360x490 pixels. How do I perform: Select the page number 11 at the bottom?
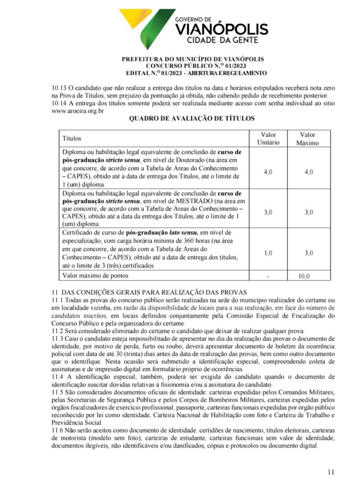tap(331, 472)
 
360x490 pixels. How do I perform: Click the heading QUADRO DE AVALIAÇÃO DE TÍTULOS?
tap(191, 118)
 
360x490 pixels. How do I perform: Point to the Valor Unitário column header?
tap(268, 139)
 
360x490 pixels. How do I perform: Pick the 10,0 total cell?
tap(304, 276)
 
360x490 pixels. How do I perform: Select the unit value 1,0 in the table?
tap(268, 253)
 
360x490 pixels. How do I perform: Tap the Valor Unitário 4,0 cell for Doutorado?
tap(268, 172)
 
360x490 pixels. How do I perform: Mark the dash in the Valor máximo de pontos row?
tap(268, 276)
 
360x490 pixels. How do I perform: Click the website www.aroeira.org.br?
tap(78, 111)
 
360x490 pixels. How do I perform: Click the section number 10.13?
tap(59, 88)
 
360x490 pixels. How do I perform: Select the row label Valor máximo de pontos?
tap(96, 276)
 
